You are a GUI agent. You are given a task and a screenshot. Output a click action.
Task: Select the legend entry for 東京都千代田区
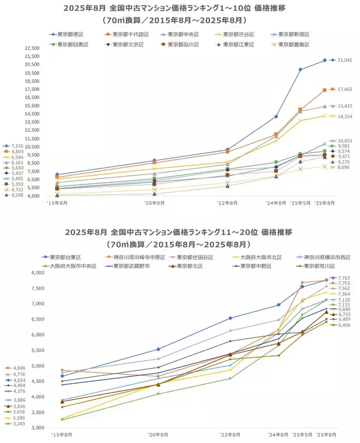click(131, 35)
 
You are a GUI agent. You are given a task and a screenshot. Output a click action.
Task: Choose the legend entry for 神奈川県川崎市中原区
click(138, 256)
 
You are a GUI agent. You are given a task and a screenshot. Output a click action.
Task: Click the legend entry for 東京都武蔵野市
click(136, 266)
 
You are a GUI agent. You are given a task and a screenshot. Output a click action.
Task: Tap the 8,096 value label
click(343, 167)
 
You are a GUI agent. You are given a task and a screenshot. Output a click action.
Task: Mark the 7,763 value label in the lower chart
click(343, 278)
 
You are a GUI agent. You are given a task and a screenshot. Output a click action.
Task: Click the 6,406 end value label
click(343, 325)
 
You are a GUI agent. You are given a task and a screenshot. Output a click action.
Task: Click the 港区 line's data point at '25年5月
click(300, 70)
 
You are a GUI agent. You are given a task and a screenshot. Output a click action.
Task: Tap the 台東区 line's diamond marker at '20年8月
click(158, 349)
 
